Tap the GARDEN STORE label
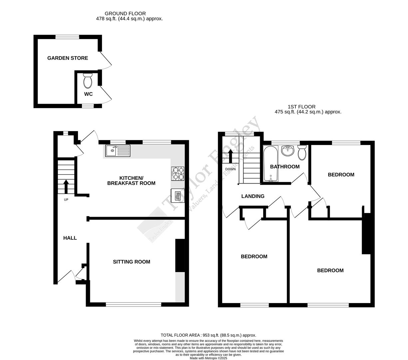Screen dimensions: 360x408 pos(68,58)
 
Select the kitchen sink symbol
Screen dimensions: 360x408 pos(118,151)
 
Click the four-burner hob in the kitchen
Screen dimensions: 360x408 pos(177,173)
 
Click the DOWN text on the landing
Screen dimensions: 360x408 pos(230,169)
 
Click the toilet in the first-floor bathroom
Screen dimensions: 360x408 pos(302,152)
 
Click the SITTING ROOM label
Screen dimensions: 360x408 pos(132,262)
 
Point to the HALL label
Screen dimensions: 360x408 pos(70,238)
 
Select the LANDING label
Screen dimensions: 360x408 pos(253,196)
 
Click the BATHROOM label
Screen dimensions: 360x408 pos(285,167)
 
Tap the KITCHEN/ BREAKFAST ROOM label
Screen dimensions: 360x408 pos(131,180)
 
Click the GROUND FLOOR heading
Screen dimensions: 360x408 pos(125,14)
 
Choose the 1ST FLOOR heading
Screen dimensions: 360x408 pos(302,107)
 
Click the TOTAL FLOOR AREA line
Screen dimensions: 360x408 pos(208,335)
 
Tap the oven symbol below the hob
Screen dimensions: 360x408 pos(175,195)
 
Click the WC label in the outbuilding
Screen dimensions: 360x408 pos(88,94)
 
